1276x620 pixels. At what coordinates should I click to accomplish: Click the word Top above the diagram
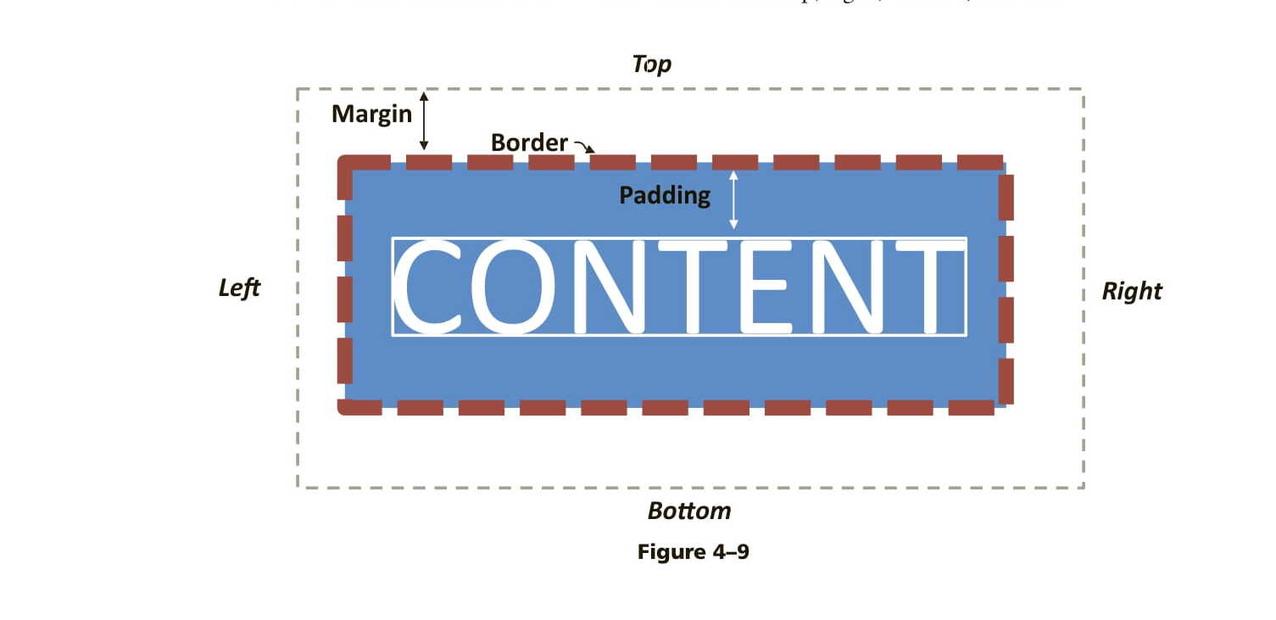(x=652, y=64)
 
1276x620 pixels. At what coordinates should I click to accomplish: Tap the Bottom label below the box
(x=688, y=511)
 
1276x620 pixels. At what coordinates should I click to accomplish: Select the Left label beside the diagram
(x=239, y=288)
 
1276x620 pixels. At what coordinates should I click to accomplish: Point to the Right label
(x=1131, y=292)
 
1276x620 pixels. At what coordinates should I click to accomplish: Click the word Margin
(x=371, y=115)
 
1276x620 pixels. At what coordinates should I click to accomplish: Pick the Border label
(x=529, y=142)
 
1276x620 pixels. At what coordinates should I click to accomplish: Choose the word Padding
(x=665, y=196)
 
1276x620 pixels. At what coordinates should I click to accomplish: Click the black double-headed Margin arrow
(x=424, y=120)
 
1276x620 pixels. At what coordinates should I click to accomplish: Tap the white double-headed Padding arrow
(x=733, y=199)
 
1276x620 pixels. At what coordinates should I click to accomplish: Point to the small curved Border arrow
(x=584, y=147)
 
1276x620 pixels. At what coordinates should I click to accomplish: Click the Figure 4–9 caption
(x=693, y=552)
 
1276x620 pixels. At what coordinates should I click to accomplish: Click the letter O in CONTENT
(x=511, y=287)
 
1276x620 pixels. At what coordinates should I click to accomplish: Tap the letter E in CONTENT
(x=766, y=287)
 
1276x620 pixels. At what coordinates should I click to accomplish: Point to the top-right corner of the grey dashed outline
(x=1083, y=89)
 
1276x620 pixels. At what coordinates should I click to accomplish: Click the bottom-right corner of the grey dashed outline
(x=1083, y=487)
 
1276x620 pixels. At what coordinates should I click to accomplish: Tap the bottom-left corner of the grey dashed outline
(x=298, y=487)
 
